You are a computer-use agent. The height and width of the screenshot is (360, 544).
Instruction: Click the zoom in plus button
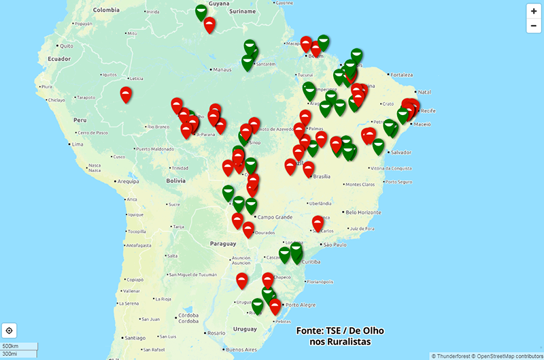point(534,11)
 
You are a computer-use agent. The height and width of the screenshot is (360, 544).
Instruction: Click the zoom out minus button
point(534,26)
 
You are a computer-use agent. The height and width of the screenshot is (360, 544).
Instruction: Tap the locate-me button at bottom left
point(10,331)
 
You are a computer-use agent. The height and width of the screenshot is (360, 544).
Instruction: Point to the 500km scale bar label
point(10,346)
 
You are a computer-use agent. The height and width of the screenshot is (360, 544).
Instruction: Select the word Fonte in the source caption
point(309,331)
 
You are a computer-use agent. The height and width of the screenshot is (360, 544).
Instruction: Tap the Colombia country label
point(106,10)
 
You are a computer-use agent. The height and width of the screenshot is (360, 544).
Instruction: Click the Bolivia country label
point(176,180)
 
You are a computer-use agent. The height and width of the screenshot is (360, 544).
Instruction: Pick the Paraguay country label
point(223,243)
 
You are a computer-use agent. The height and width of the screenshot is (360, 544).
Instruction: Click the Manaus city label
point(222,69)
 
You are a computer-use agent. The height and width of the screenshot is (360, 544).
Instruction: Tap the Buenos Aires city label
point(242,350)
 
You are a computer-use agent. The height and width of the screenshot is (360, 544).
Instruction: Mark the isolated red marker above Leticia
point(126,95)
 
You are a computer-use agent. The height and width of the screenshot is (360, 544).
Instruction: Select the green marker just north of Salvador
point(379,146)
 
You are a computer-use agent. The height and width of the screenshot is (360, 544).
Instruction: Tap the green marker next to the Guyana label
point(201,12)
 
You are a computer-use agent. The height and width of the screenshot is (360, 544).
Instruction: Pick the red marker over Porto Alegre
point(275,307)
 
